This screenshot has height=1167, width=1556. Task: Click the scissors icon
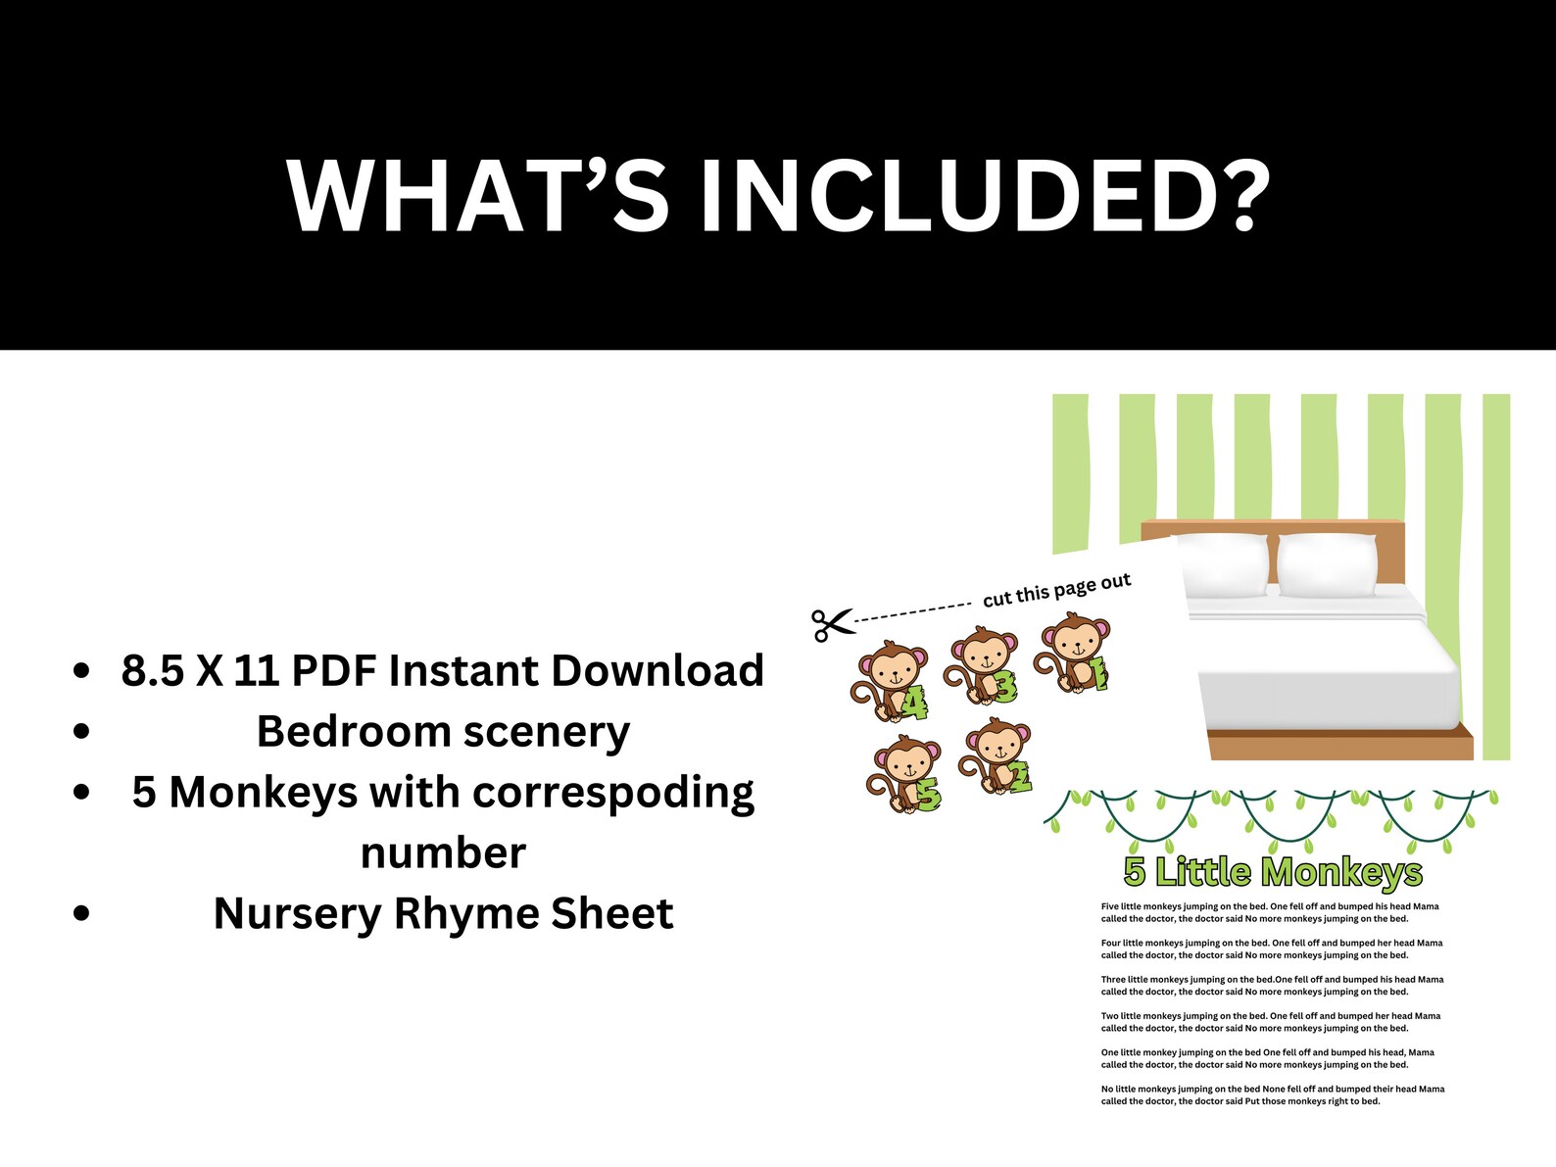coord(832,623)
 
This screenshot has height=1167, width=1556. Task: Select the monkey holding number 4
coord(890,680)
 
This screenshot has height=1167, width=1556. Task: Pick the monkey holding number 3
coord(982,666)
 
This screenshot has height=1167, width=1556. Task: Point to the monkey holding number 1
coord(1074,653)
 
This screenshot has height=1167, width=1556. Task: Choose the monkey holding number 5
coord(903,774)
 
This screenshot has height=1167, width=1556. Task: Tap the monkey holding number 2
coord(996,756)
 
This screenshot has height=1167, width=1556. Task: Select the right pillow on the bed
coord(1329,565)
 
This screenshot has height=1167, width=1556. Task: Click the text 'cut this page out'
coord(1056,590)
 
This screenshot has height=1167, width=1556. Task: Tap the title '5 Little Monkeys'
coord(1272,871)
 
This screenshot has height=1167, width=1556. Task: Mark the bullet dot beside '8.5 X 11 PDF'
coord(82,671)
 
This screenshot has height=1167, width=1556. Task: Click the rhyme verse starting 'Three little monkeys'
coord(1272,985)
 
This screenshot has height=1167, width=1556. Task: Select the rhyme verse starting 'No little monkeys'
coord(1272,1094)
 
